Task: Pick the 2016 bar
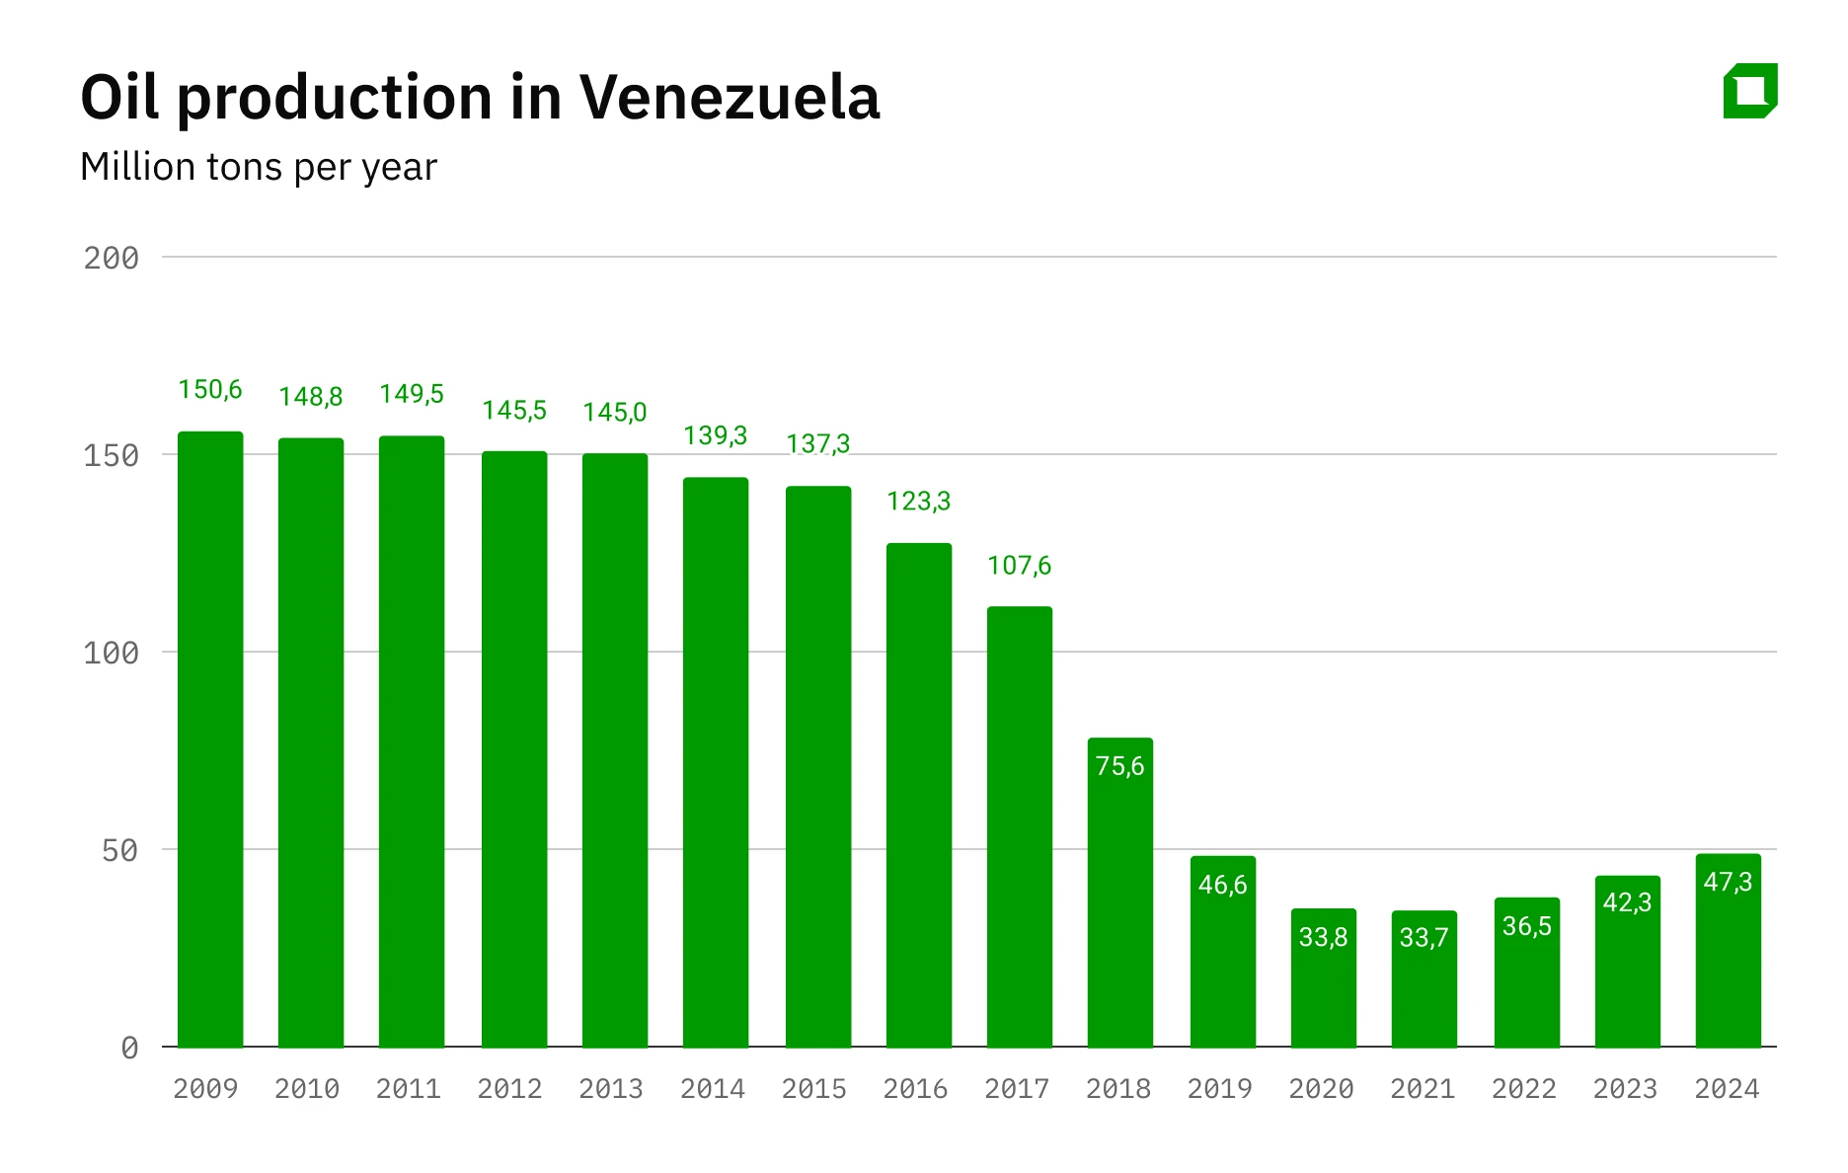[x=918, y=795]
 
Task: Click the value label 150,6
[x=210, y=390]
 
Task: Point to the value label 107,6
[x=1019, y=566]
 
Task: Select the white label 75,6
[x=1119, y=766]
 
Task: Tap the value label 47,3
[x=1728, y=882]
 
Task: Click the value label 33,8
[x=1323, y=937]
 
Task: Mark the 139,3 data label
[x=715, y=435]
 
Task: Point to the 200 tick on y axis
[x=111, y=259]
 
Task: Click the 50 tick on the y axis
[x=119, y=851]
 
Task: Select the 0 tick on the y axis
[x=129, y=1049]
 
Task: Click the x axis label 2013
[x=610, y=1089]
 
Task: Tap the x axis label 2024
[x=1727, y=1089]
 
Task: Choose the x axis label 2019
[x=1219, y=1089]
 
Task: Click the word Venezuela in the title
[x=729, y=98]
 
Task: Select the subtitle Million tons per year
[x=259, y=167]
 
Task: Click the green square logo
[x=1749, y=92]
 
